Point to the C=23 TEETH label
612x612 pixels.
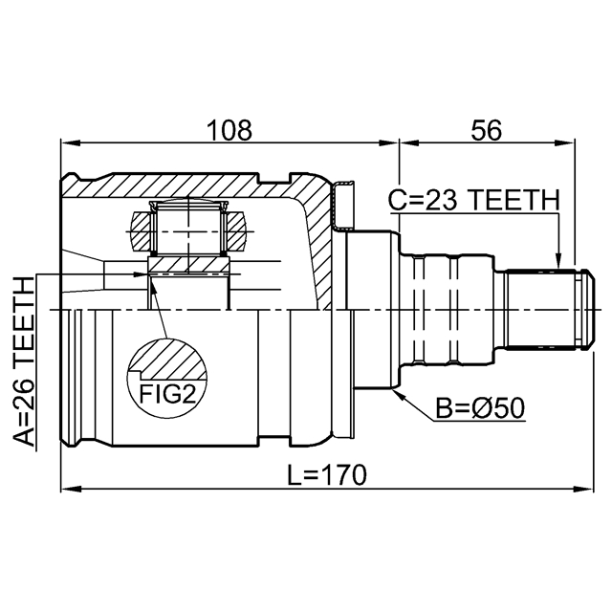point(473,201)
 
